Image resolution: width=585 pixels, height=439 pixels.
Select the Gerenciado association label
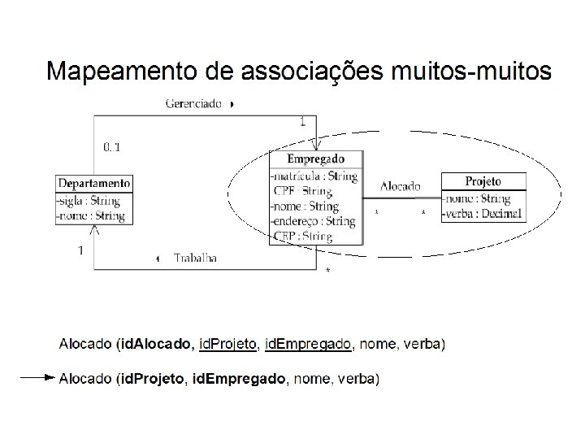(194, 104)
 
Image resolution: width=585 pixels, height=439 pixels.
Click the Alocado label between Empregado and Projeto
(400, 185)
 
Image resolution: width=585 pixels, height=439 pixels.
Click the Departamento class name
(93, 183)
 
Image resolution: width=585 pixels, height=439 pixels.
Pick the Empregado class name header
(316, 159)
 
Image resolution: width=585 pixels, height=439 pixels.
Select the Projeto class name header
(483, 181)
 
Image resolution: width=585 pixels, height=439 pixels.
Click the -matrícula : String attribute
(313, 176)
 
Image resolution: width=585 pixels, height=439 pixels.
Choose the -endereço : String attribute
(313, 221)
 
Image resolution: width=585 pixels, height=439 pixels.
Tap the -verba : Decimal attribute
(483, 214)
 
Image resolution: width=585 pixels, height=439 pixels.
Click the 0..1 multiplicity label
(112, 147)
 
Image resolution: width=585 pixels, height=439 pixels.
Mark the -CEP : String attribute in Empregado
(301, 237)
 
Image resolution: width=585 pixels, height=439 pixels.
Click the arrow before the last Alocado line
(37, 378)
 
